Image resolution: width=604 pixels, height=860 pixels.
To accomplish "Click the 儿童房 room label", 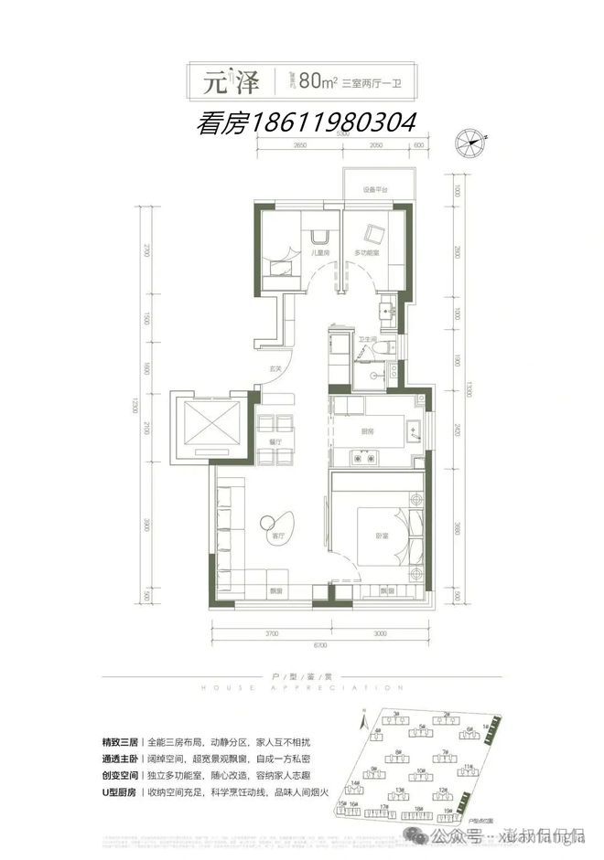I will (318, 252).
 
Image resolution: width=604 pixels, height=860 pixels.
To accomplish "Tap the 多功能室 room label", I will (371, 252).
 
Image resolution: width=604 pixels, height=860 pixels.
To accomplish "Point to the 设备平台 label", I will (375, 189).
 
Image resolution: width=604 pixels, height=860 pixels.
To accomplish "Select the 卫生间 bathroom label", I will (368, 339).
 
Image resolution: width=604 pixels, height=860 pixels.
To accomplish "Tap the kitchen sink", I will (414, 428).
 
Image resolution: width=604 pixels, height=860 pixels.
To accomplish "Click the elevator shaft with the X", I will (210, 425).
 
